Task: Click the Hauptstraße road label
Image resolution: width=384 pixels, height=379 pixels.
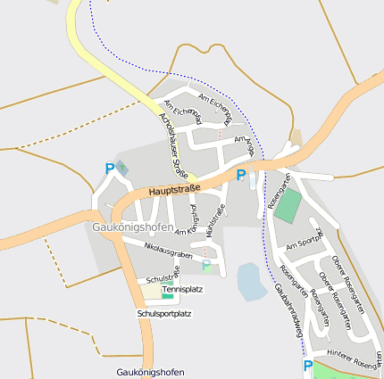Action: click(174, 191)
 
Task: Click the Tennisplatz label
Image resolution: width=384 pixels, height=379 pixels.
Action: click(183, 290)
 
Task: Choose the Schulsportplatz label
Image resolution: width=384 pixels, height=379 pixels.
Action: click(164, 314)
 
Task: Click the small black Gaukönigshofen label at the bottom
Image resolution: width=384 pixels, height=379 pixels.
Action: click(150, 371)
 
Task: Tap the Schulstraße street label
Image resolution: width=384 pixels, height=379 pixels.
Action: click(163, 278)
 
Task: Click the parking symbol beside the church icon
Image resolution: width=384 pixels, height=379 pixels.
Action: click(110, 168)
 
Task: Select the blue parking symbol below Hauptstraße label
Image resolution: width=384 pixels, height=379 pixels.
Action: click(240, 176)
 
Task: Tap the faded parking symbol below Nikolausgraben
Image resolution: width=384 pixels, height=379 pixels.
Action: click(206, 266)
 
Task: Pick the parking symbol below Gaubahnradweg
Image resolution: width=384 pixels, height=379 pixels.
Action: click(308, 366)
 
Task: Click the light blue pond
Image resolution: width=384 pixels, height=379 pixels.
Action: click(251, 281)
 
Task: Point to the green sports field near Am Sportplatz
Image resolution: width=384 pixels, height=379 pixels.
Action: click(288, 206)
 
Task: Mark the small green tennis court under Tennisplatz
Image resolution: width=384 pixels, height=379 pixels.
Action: click(168, 296)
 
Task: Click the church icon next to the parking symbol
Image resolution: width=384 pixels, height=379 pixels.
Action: click(122, 167)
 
